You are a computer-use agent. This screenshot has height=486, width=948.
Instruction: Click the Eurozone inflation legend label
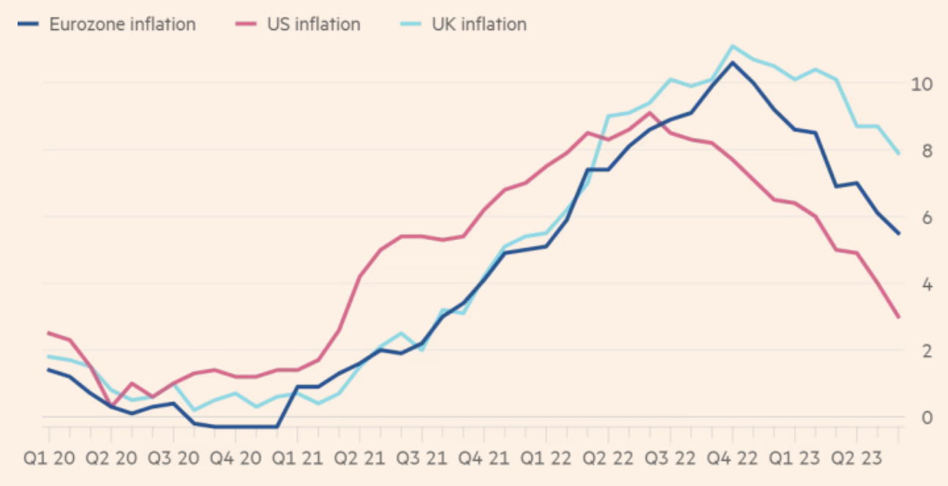122,24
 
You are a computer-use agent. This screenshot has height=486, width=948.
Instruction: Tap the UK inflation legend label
478,24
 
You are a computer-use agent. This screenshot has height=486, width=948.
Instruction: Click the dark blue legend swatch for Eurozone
28,24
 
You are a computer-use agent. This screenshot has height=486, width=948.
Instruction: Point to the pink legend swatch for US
247,24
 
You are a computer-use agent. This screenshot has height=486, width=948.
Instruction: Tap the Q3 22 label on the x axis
669,460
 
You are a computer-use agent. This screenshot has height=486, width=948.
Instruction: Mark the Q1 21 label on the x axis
297,460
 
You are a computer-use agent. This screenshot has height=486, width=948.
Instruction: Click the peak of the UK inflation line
732,45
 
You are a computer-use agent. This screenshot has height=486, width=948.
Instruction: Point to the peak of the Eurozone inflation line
732,62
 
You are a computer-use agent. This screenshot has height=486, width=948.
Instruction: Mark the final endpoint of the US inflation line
899,318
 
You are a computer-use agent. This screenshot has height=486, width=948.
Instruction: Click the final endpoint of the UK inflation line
899,154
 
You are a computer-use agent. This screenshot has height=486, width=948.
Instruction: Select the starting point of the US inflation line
48,333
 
